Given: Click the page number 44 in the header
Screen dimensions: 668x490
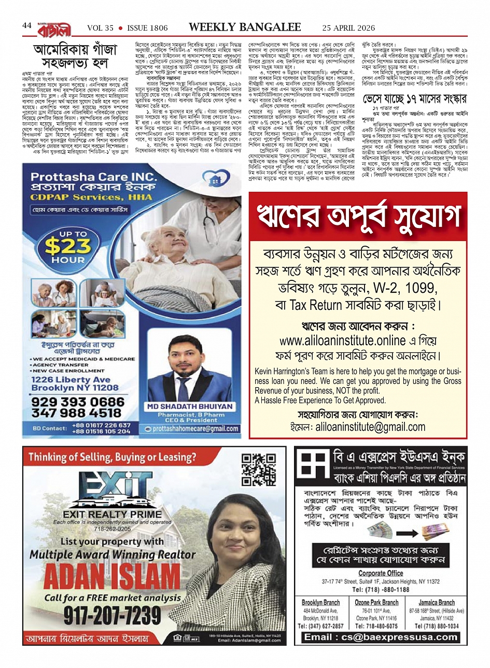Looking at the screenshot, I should tap(27, 25).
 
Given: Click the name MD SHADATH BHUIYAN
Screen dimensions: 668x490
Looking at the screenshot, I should tap(190, 407).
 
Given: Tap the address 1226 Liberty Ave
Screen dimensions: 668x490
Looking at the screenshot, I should tap(71, 379).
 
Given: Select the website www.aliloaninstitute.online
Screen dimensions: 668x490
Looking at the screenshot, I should tap(335, 340).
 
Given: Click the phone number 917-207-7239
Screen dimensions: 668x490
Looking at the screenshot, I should tap(112, 615).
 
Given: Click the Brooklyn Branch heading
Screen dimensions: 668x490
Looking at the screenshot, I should tap(320, 603).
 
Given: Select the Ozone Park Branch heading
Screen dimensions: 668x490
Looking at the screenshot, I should tap(376, 603).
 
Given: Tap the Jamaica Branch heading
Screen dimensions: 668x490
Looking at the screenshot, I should tap(437, 603).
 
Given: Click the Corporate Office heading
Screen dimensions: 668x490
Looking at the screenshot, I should tap(381, 573).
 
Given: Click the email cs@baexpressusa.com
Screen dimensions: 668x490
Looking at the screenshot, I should tap(381, 637).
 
